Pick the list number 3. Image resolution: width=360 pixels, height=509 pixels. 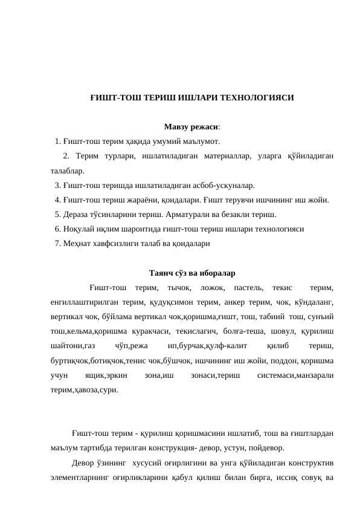point(57,186)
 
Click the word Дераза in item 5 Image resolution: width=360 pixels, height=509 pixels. point(76,215)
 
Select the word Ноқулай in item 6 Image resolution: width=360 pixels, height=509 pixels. point(78,229)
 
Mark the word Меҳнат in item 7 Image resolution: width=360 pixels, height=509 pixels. point(76,244)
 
